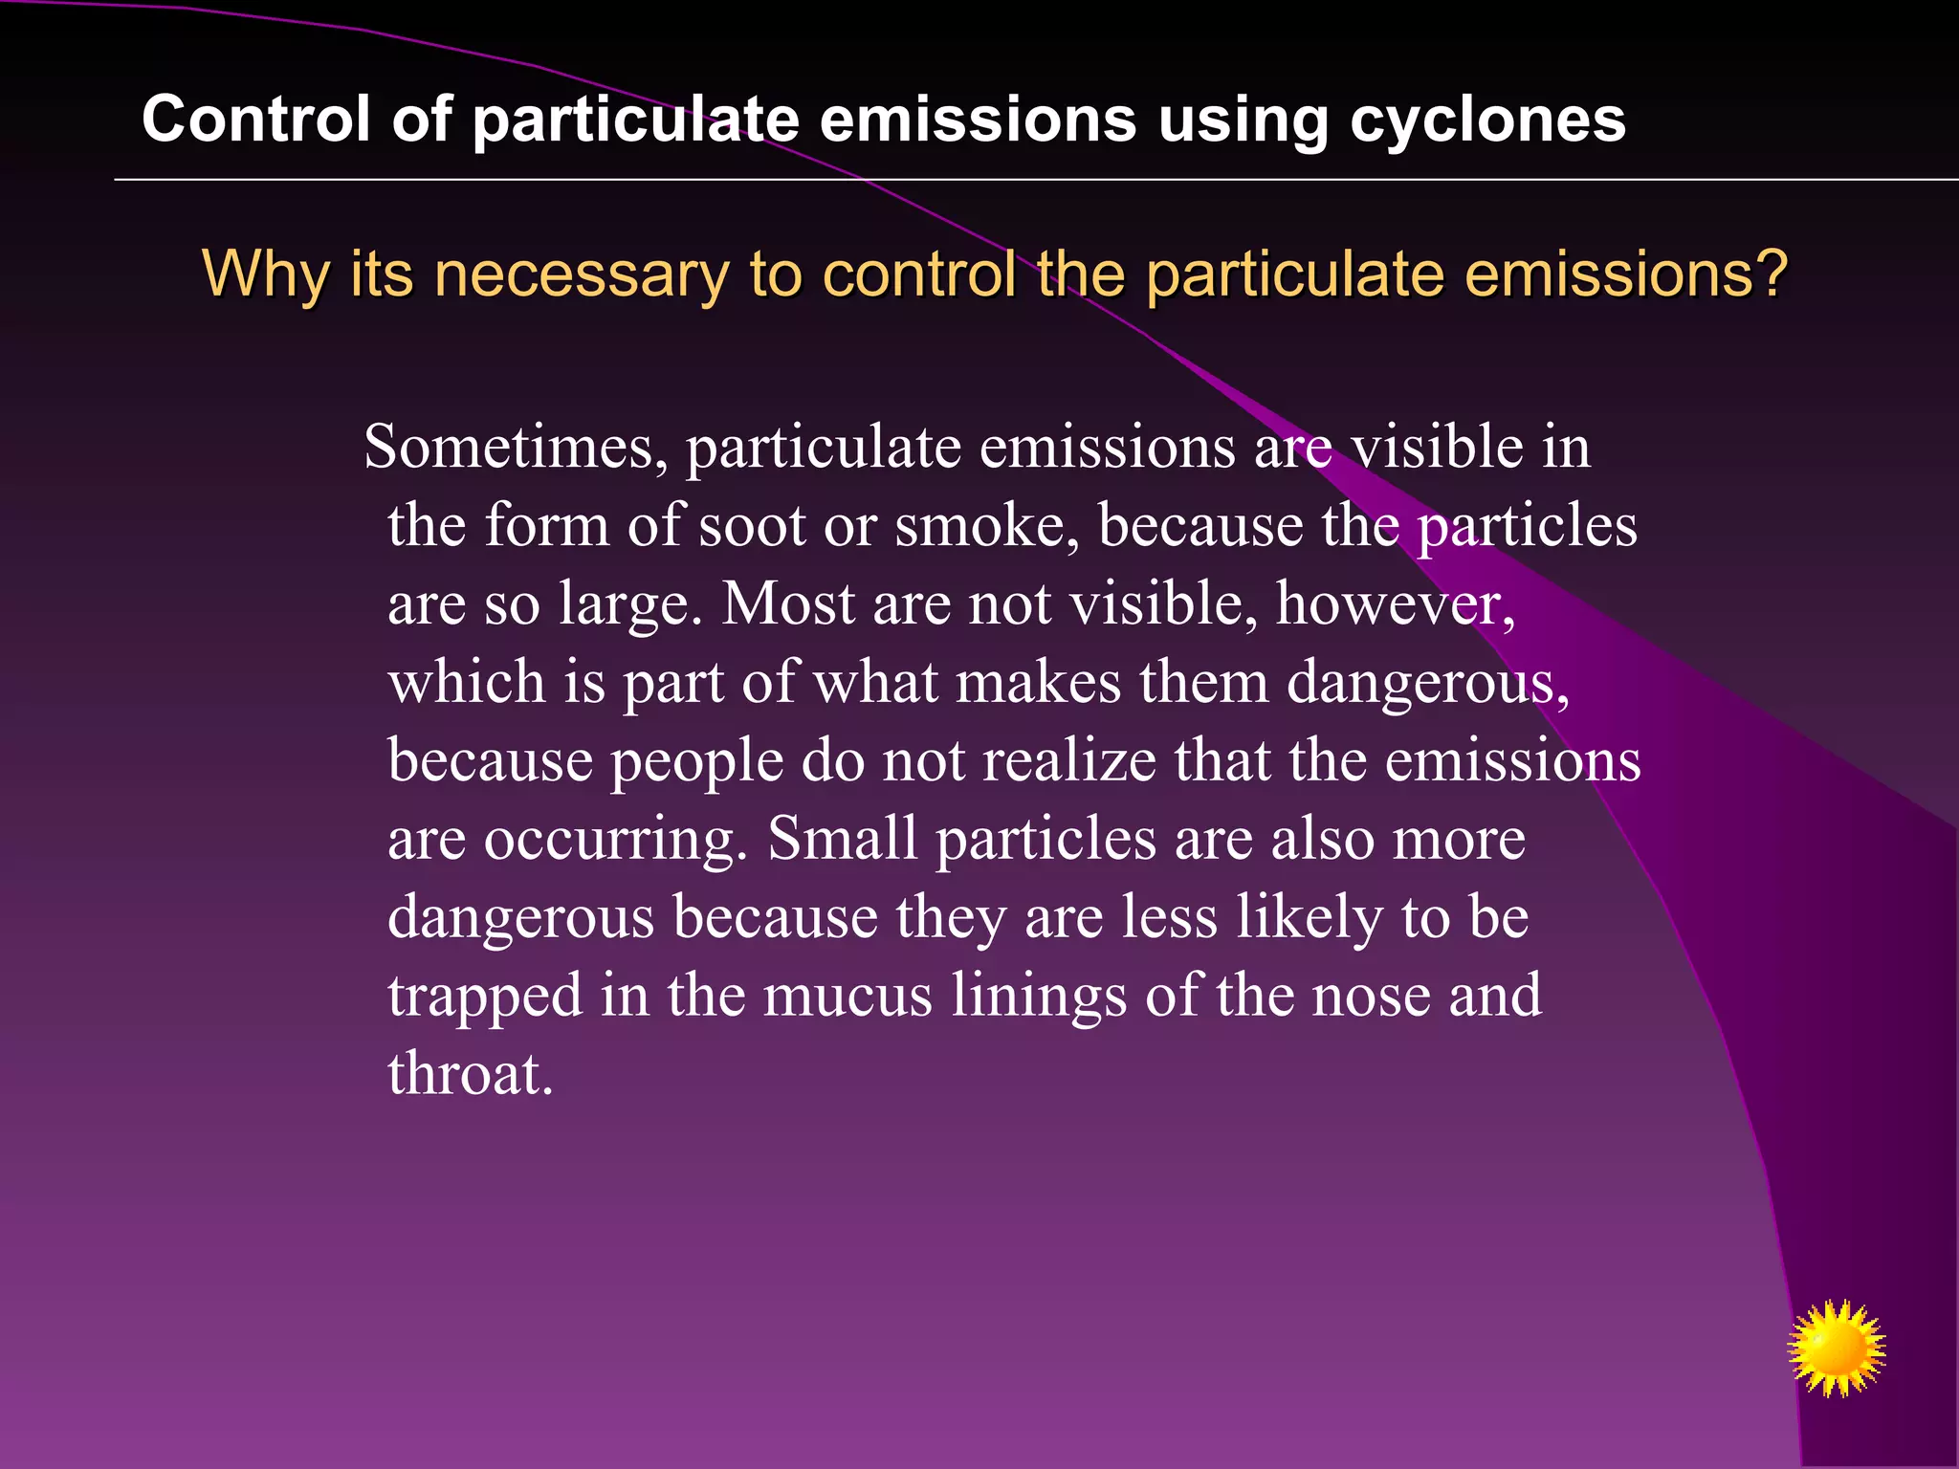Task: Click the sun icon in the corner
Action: tap(1836, 1348)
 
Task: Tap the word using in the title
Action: tap(1243, 121)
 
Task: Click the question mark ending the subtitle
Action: tap(1770, 274)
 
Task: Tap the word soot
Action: tap(752, 526)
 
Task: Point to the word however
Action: tap(1395, 604)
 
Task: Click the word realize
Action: tap(1069, 761)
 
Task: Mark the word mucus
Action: tap(847, 996)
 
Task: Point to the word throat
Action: tap(470, 1074)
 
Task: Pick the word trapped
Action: tap(485, 998)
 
